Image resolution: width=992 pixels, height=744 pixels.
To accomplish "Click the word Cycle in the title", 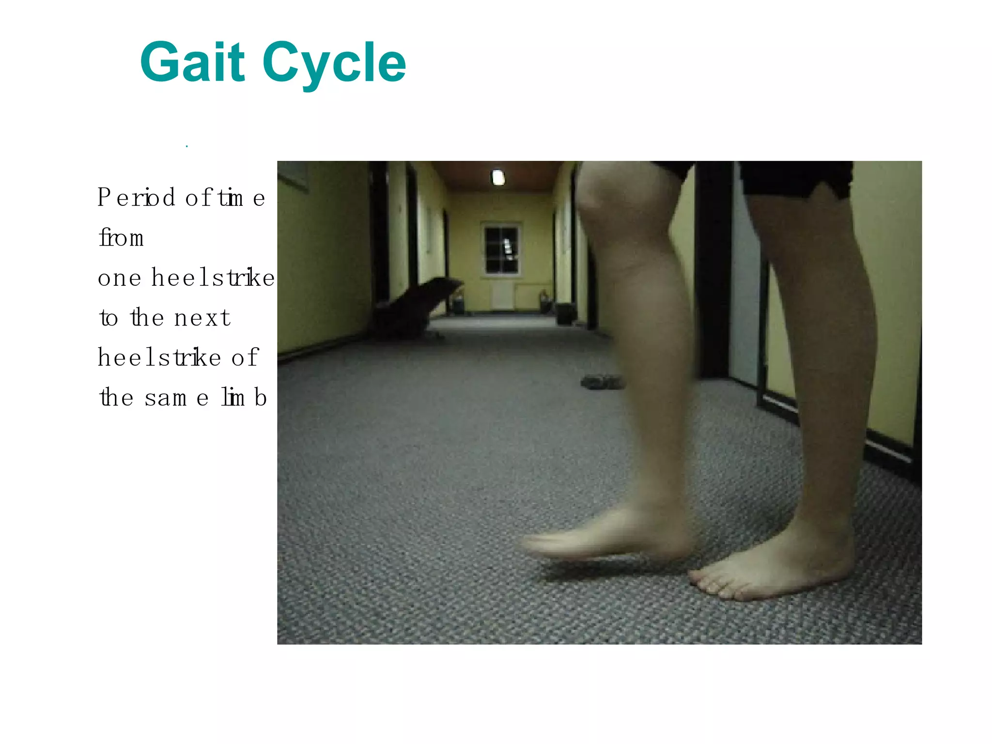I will click(334, 63).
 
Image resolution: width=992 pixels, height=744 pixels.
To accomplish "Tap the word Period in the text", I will click(136, 198).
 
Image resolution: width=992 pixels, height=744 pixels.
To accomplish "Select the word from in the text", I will click(121, 238).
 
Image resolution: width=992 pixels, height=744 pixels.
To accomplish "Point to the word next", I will click(202, 318).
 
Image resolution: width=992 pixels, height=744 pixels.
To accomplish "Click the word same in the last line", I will click(177, 398).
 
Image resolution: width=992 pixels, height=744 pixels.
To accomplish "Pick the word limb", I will click(244, 398).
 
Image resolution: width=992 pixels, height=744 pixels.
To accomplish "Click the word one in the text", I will click(120, 278).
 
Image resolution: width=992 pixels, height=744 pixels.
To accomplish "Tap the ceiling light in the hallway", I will click(498, 177).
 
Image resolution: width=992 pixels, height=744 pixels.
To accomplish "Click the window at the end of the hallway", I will click(501, 250).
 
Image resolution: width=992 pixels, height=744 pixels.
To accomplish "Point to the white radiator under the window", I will click(503, 295).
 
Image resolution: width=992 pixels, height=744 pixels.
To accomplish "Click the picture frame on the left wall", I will click(293, 174).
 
